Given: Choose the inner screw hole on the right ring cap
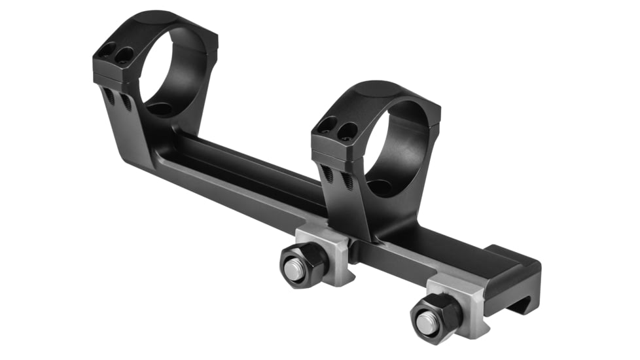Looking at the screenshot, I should (x=347, y=130).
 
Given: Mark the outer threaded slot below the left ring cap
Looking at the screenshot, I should (x=109, y=97).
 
